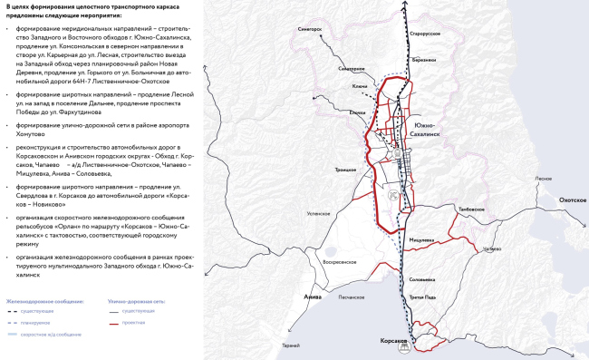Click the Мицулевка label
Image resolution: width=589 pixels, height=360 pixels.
pyautogui.click(x=422, y=239)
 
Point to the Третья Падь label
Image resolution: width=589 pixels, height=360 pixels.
pyautogui.click(x=424, y=298)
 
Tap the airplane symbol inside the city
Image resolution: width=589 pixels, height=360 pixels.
pyautogui.click(x=392, y=194)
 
